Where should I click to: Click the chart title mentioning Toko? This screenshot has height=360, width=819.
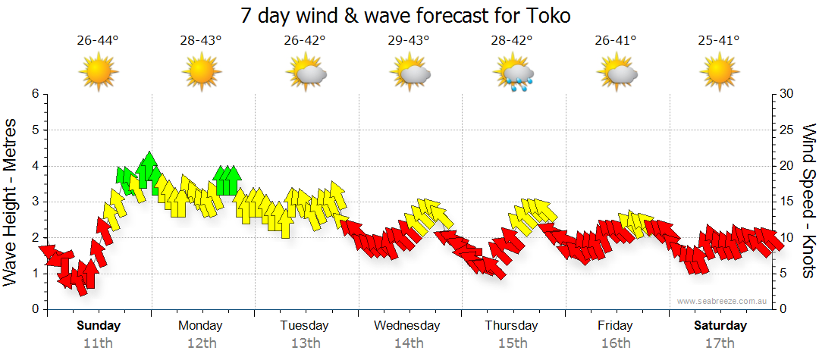406,14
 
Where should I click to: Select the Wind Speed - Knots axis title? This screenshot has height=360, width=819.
808,200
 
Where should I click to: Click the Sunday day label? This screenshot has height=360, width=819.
99,326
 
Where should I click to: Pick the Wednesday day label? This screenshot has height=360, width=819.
406,326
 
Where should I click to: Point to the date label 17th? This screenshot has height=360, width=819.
720,343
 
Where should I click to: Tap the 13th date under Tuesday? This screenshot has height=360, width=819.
304,343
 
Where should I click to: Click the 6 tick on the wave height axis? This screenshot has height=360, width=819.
34,94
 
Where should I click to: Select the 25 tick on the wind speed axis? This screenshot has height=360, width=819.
786,130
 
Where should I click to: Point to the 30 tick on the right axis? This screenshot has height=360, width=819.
786,94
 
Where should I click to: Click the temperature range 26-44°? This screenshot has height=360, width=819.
98,40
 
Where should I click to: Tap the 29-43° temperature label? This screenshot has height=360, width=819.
409,40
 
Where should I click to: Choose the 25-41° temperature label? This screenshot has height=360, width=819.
720,40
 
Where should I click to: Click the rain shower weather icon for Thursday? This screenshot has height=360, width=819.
514,74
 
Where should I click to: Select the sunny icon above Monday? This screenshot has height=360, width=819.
202,74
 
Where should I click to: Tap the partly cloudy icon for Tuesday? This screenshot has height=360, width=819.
306,74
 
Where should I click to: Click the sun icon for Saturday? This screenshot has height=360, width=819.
720,74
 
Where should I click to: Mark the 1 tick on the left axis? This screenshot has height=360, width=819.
34,274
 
